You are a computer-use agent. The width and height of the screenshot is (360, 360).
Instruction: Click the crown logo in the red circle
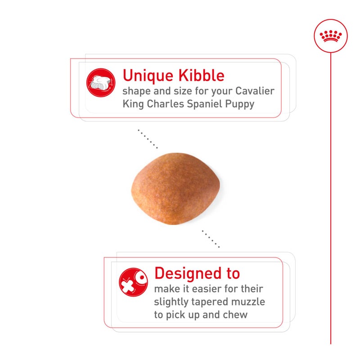331,36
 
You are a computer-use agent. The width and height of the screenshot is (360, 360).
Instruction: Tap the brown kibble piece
177,188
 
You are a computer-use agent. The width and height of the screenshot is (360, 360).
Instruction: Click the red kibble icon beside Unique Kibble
100,83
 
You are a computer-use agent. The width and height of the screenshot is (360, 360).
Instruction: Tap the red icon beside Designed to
133,282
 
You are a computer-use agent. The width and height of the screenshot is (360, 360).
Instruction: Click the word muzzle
249,301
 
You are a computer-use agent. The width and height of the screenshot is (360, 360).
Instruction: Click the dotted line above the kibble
148,139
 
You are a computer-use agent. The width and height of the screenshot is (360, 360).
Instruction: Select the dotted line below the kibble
211,239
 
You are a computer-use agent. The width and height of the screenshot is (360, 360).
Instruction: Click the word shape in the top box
136,91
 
